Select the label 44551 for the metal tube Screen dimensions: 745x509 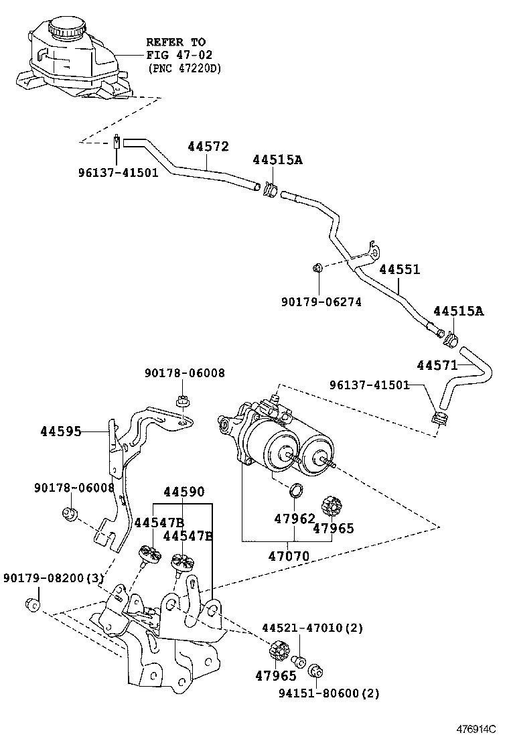(400, 269)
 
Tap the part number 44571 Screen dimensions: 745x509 (437, 365)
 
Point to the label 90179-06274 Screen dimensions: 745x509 (323, 302)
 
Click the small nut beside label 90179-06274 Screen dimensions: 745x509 (318, 269)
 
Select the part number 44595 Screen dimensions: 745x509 (62, 431)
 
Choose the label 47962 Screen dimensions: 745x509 (295, 518)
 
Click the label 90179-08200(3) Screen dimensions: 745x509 (53, 578)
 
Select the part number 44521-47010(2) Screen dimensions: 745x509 (311, 628)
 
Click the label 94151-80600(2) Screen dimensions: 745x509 (330, 693)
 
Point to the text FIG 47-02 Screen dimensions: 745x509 (176, 56)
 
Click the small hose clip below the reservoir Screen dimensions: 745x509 (117, 142)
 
